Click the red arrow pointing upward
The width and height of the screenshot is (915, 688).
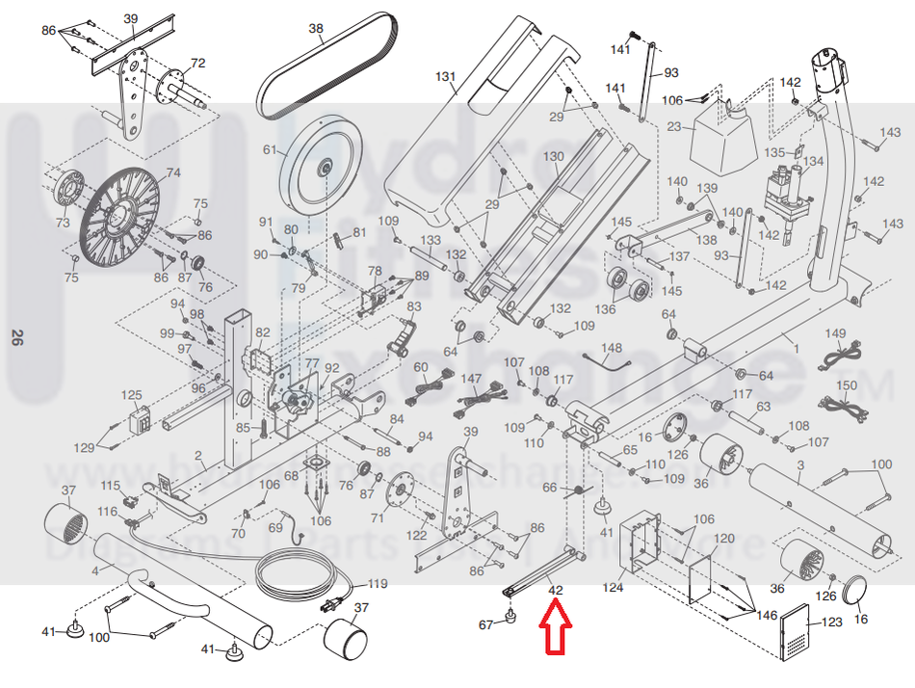(x=555, y=627)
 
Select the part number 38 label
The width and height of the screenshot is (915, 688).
(x=316, y=29)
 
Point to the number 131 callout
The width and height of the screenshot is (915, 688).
(x=444, y=75)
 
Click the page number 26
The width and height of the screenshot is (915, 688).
(x=16, y=337)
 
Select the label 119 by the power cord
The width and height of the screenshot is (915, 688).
(x=377, y=583)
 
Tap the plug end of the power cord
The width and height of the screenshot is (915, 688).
(x=330, y=605)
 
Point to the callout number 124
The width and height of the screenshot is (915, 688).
(x=614, y=586)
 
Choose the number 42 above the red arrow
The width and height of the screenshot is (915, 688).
(x=555, y=589)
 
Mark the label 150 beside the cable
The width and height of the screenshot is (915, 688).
(x=845, y=385)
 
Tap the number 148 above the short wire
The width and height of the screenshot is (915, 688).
(x=612, y=347)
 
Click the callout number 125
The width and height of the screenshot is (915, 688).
(x=131, y=395)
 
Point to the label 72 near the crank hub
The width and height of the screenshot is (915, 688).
(x=197, y=64)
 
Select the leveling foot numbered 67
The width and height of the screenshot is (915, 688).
(x=510, y=616)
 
